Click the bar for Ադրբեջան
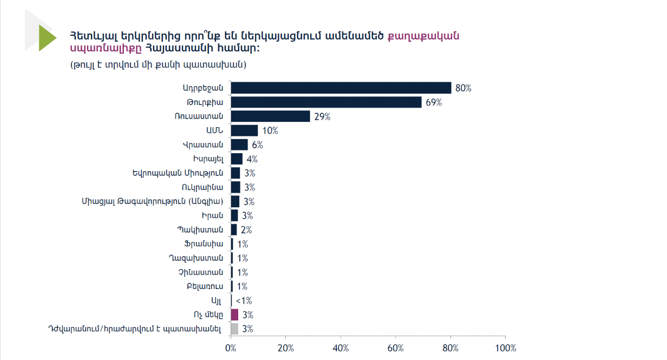[x=341, y=88]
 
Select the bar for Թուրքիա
[x=326, y=102]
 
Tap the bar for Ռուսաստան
[x=270, y=116]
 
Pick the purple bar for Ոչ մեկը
[x=234, y=315]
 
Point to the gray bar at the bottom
[x=234, y=329]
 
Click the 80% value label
[x=463, y=88]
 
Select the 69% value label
[x=434, y=102]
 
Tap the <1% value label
[x=244, y=300]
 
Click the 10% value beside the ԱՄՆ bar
[x=270, y=130]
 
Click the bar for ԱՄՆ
[x=244, y=130]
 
